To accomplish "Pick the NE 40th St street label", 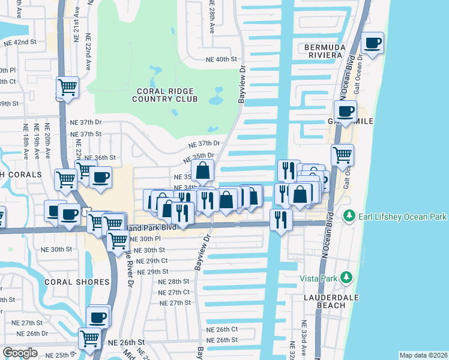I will coord(221,59).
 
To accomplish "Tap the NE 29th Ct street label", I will coord(152,261).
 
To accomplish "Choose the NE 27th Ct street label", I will coord(174,292).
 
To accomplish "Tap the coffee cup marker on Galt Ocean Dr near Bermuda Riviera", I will coord(373,44).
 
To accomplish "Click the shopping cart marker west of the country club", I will coord(68,88).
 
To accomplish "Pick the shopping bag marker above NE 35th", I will coord(203,171).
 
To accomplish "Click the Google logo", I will coord(20,353).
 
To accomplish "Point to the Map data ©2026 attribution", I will coord(423,355).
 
